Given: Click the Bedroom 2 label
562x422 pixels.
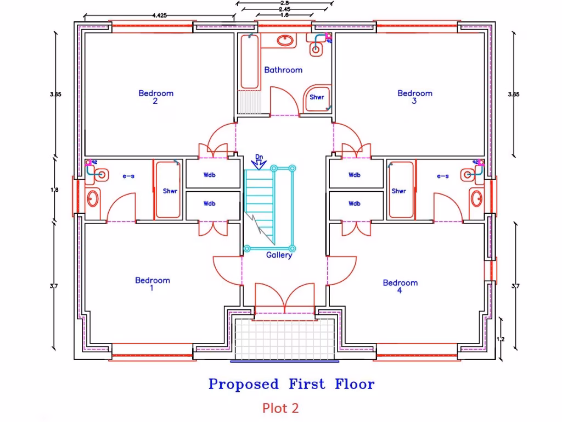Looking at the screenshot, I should [156, 97].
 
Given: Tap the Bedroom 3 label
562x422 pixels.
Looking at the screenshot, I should [415, 97].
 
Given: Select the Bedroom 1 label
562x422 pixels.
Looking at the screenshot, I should [153, 284].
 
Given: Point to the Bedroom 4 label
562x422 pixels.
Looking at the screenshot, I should [400, 286].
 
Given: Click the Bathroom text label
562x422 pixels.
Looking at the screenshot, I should [283, 70].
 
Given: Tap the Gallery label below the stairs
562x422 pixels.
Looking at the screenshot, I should [279, 255].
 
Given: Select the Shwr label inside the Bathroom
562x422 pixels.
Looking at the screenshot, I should [317, 97].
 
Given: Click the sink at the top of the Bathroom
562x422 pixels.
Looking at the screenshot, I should [285, 40].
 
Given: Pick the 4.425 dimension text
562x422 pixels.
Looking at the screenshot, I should [160, 16].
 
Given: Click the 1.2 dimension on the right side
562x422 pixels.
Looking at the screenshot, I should [500, 339].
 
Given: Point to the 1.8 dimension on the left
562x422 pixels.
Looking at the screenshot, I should [54, 190].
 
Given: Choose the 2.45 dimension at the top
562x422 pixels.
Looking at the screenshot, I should [284, 9].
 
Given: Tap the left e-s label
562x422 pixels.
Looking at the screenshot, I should [128, 176].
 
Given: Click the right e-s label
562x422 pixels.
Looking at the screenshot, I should [442, 176].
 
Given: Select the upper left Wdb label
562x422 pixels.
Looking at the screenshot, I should [209, 176].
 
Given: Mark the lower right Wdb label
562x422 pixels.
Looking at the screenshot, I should [355, 203].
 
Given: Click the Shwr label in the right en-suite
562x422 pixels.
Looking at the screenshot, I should [398, 191].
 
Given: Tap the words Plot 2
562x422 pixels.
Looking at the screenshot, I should [280, 408].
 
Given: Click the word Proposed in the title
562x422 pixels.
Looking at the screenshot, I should [244, 384].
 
